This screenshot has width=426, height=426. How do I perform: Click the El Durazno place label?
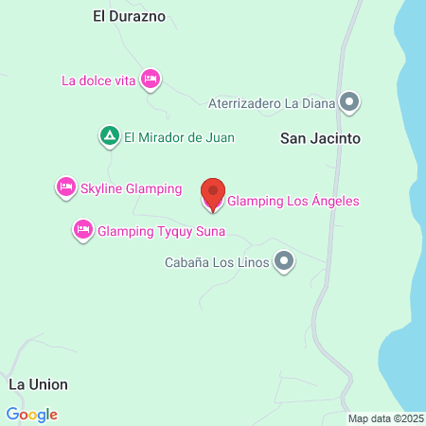[x=129, y=16]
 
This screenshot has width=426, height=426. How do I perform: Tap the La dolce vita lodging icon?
[x=150, y=80]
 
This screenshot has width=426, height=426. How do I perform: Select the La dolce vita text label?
[x=99, y=80]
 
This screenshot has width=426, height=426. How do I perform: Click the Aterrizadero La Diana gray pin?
[x=349, y=101]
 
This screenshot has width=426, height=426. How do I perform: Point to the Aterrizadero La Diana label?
[x=271, y=101]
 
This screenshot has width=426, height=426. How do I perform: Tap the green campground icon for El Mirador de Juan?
[x=110, y=137]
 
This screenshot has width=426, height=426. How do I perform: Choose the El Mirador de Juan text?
[x=179, y=137]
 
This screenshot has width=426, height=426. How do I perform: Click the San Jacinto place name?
[x=321, y=138]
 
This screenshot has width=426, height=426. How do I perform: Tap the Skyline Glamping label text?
[x=131, y=188]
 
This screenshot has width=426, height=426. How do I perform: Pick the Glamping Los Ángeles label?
[x=293, y=201]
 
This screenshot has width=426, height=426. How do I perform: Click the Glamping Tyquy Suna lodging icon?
[x=83, y=229]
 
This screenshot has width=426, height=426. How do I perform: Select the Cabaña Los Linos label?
[x=217, y=261]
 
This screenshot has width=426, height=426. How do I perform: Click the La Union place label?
[x=38, y=385]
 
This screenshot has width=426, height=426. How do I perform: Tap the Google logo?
[x=31, y=414]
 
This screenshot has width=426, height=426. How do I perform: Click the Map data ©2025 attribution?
[x=385, y=417]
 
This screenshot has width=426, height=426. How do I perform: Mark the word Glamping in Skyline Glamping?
[x=153, y=188]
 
